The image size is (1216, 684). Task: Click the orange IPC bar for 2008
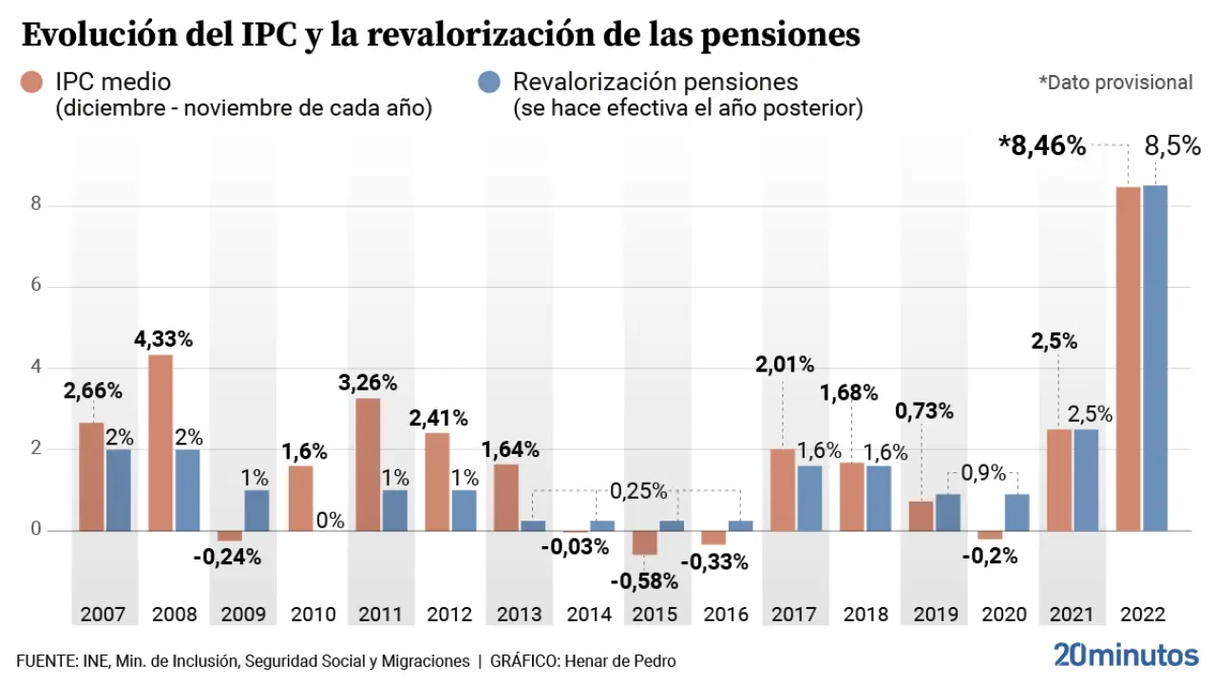[161, 442]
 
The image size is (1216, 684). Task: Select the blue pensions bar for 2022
[1155, 357]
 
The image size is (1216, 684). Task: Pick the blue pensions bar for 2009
[257, 510]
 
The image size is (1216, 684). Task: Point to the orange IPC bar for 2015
[644, 542]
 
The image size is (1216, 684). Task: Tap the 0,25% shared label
[637, 491]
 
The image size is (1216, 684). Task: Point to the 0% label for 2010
[329, 521]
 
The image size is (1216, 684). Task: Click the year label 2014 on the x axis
[589, 615]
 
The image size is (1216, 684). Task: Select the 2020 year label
[1003, 615]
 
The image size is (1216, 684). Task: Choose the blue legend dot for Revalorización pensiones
[490, 83]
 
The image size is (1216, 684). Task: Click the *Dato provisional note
[1115, 83]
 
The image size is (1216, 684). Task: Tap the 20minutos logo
[1126, 655]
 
